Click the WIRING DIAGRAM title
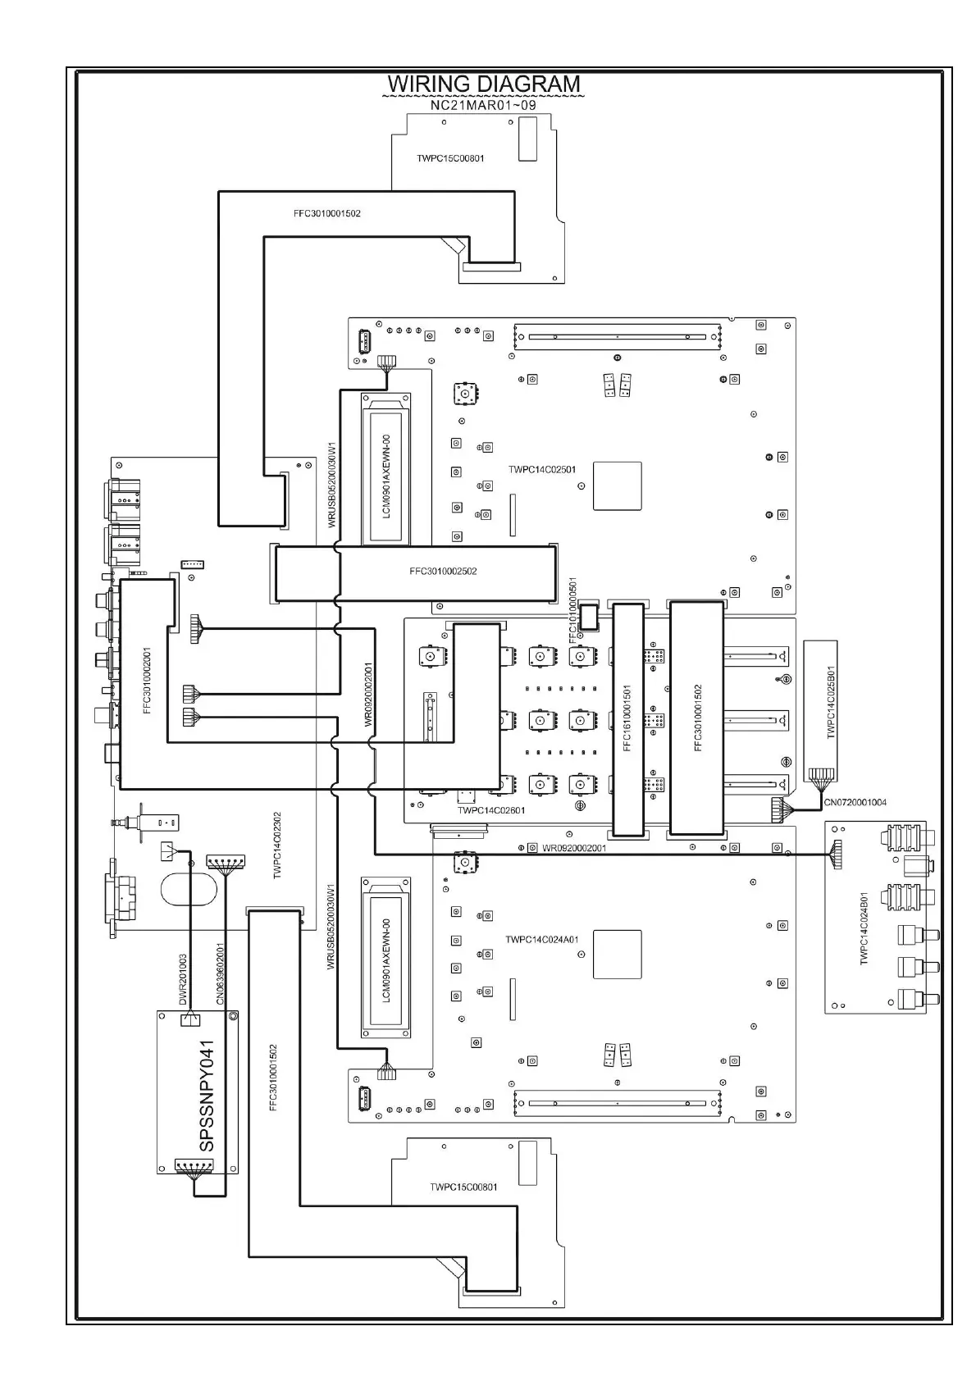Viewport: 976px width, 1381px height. click(x=483, y=84)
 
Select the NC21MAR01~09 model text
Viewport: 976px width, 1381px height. click(x=483, y=106)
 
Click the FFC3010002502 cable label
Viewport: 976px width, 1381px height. click(x=443, y=572)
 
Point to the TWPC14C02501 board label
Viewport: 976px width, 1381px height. click(x=541, y=470)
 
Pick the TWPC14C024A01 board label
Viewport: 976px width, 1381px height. click(x=541, y=940)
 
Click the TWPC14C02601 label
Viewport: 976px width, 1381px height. click(x=491, y=810)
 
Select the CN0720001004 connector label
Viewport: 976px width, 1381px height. click(x=855, y=802)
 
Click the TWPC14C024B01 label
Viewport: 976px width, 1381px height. click(x=864, y=928)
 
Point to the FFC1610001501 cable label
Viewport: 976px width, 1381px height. click(x=627, y=718)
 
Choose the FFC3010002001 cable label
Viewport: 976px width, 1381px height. click(x=148, y=681)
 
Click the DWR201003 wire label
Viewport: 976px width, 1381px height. click(x=183, y=979)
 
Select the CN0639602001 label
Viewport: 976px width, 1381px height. click(x=220, y=974)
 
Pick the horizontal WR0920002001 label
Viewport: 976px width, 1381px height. click(x=574, y=848)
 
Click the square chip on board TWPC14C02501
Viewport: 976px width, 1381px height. click(x=617, y=486)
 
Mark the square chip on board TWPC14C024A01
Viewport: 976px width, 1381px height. click(x=617, y=955)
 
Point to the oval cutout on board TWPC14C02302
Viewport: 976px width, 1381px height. click(x=191, y=891)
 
